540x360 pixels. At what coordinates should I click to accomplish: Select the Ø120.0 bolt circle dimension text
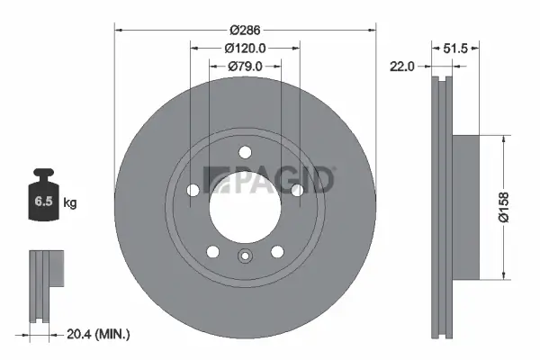tap(244, 48)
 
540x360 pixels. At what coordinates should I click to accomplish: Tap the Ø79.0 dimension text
tap(244, 65)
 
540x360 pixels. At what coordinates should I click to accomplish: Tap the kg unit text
tap(70, 203)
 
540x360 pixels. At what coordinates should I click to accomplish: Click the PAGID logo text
tap(269, 180)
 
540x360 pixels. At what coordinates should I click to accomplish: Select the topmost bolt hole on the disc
tap(245, 154)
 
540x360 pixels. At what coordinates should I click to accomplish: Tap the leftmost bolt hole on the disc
tap(193, 189)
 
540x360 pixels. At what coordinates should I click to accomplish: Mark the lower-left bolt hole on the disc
tap(213, 251)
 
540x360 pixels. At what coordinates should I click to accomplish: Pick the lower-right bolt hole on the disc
tap(276, 251)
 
